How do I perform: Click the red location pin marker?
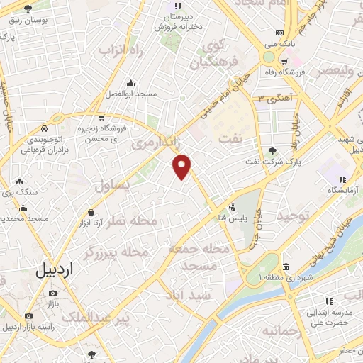182,167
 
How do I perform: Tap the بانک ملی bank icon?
279,33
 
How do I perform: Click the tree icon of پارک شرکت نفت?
272,150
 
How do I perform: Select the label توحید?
293,215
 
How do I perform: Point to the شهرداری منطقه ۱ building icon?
286,267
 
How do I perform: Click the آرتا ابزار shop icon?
91,213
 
